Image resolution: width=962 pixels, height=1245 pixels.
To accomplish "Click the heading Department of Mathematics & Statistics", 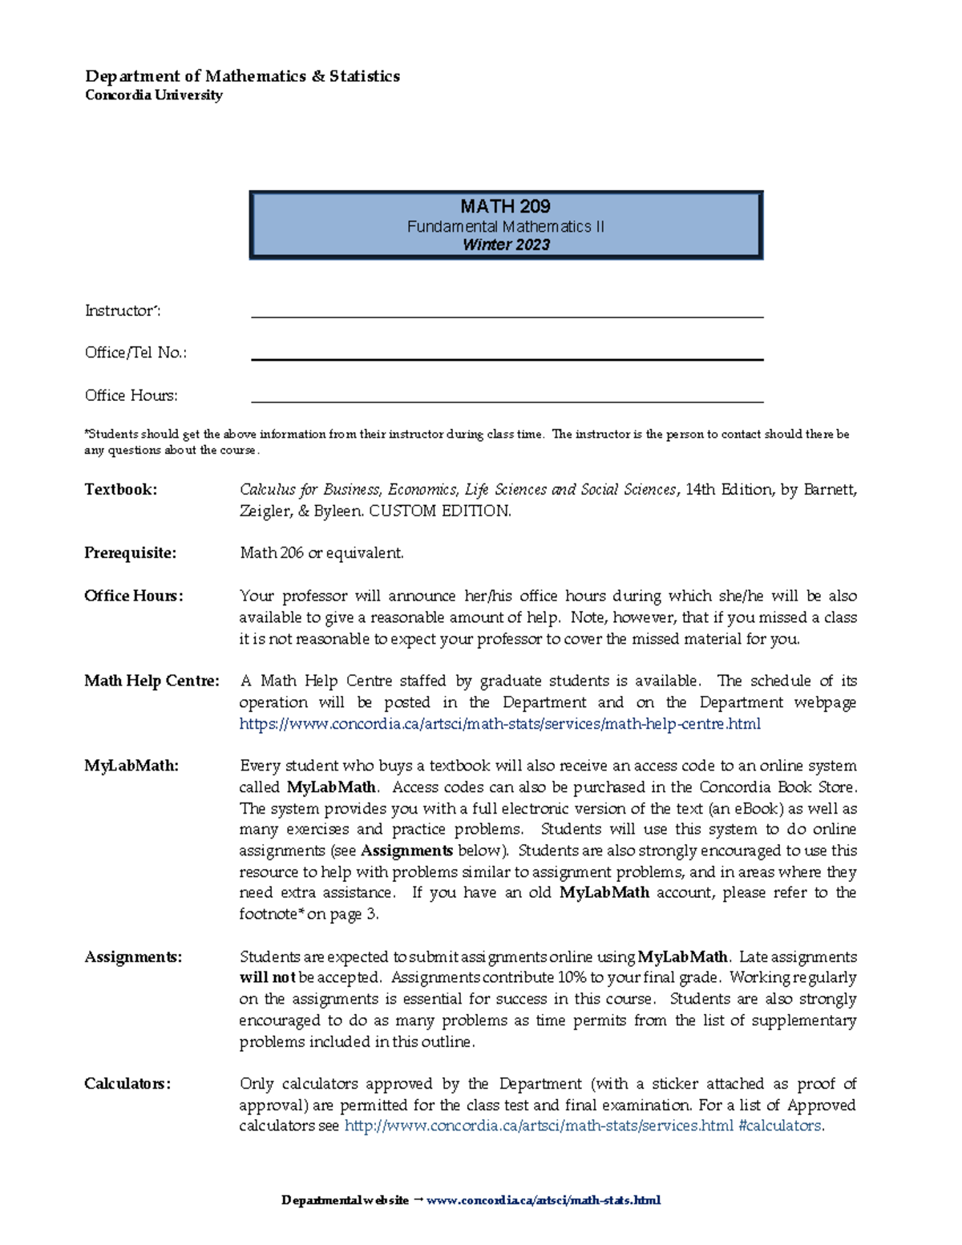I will point(242,76).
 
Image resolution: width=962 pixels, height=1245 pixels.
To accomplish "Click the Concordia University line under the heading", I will point(153,95).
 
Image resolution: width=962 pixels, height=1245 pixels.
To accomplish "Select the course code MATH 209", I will point(505,206).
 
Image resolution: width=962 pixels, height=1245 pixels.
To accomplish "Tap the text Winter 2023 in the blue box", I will point(506,245).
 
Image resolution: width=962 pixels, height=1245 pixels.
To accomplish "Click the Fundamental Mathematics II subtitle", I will point(505,227).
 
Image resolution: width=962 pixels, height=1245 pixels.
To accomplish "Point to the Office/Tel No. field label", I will point(135,353).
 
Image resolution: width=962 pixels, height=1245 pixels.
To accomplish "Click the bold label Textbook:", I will point(120,490).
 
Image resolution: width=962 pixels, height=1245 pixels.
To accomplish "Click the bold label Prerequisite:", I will point(130,553).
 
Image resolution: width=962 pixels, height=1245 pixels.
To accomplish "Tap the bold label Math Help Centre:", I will point(152,681).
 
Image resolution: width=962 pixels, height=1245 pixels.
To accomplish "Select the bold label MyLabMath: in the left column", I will point(131,766).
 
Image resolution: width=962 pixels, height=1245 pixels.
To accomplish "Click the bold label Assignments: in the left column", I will point(133,957).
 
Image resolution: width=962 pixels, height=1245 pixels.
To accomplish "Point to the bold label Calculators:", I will point(127,1084).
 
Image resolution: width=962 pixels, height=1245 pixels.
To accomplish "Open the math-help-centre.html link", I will point(499,724).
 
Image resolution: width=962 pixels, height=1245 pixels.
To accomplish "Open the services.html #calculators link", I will point(584,1126).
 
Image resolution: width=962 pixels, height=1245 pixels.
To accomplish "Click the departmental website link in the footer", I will point(544,1200).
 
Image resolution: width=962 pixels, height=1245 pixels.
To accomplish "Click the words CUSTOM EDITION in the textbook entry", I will point(439,511).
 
